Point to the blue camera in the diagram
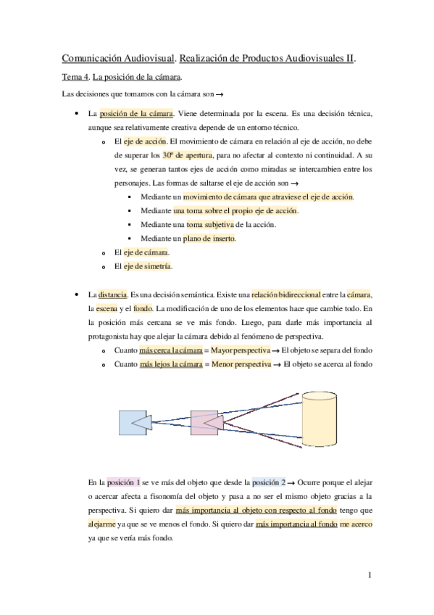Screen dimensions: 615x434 [135, 420]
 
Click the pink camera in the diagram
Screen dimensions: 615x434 [207, 421]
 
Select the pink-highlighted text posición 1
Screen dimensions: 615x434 [122, 482]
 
